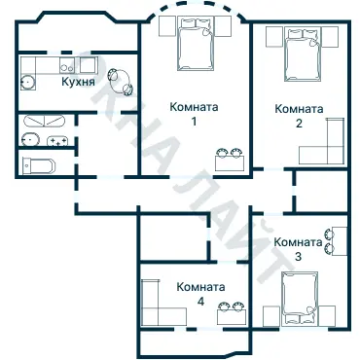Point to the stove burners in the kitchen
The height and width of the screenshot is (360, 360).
coord(69,66)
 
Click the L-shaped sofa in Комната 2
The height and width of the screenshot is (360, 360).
coord(325,146)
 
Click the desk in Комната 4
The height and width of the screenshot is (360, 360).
coord(230,316)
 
